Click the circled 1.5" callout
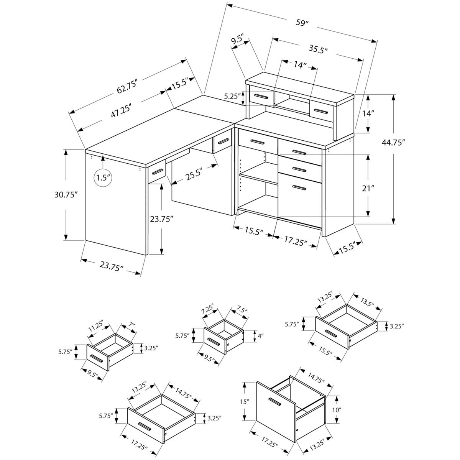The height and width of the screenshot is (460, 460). [x=103, y=177]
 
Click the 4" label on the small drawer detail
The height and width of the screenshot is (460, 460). [x=261, y=336]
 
